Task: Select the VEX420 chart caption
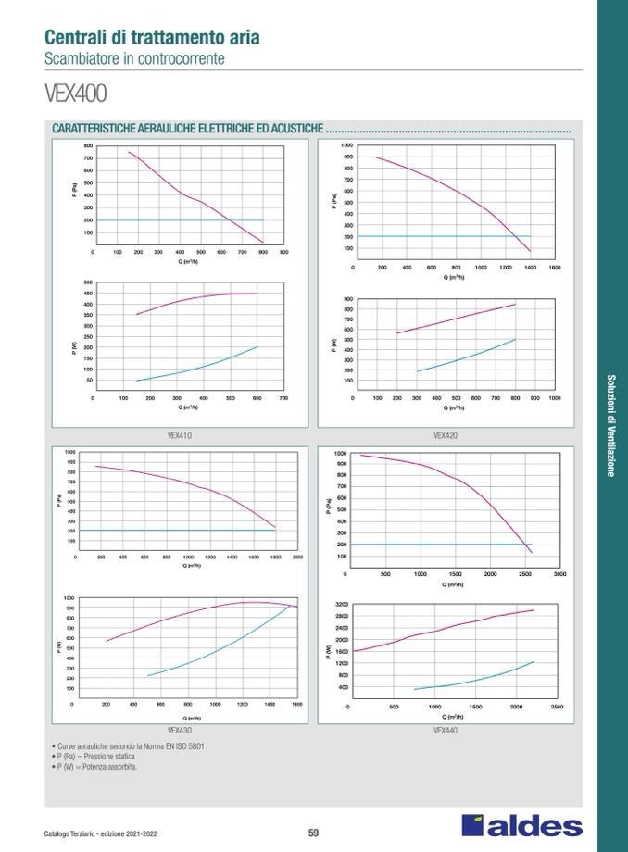point(446,435)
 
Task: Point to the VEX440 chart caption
point(446,730)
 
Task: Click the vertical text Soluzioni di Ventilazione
point(611,425)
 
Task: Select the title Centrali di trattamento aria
point(152,38)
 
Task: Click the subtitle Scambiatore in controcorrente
point(134,58)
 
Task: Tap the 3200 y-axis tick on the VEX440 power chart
point(342,604)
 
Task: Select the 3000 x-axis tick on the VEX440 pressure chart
point(559,574)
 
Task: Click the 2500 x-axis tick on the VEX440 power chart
point(557,708)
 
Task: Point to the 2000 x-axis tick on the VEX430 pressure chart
point(297,558)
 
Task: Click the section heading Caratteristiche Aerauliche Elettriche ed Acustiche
point(188,128)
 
